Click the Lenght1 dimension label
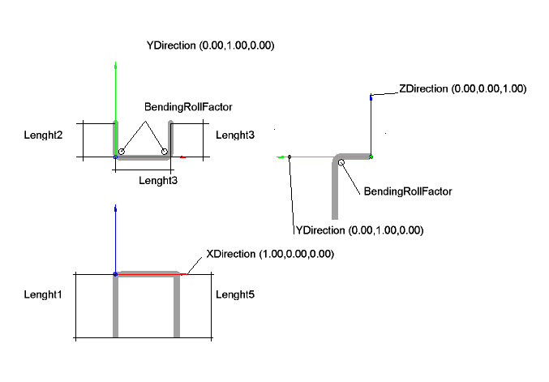click(x=43, y=294)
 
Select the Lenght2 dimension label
click(x=44, y=134)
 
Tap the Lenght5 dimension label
click(x=234, y=294)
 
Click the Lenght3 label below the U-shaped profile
click(x=157, y=180)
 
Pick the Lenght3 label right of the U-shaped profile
click(x=234, y=135)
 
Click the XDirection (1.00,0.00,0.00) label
click(x=270, y=254)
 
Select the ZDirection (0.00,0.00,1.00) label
click(x=462, y=88)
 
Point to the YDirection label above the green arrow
click(x=210, y=46)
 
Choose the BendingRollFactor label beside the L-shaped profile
click(x=407, y=191)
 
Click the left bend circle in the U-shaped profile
click(x=121, y=152)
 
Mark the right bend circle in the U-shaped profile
click(x=165, y=152)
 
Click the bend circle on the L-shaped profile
click(x=341, y=163)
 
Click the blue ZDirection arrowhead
click(x=371, y=97)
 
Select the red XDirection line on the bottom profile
click(x=150, y=275)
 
